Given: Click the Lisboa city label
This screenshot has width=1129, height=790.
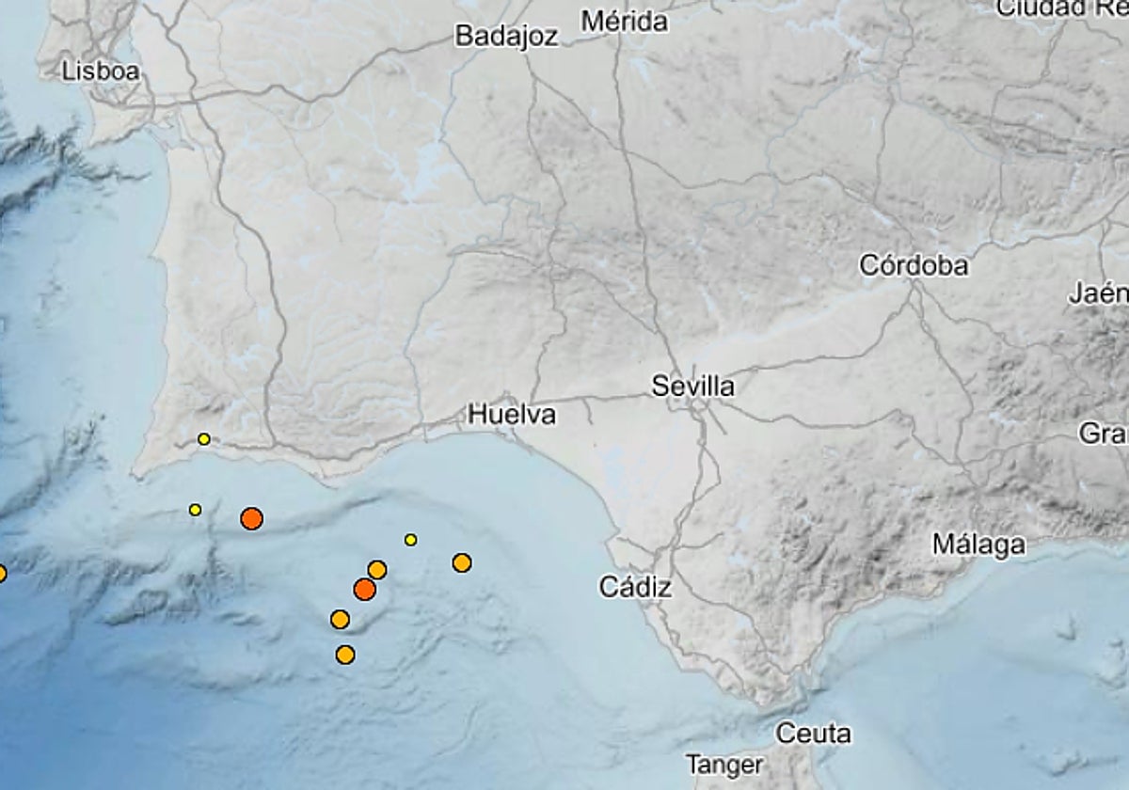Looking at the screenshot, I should tap(101, 71).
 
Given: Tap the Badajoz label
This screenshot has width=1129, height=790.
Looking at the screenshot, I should tap(506, 36).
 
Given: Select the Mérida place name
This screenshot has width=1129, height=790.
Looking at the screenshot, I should tap(625, 21).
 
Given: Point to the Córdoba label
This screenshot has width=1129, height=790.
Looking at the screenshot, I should tap(913, 265).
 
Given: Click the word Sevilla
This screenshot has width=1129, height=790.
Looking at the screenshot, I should tap(693, 386).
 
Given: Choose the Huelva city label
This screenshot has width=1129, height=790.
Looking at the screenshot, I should tap(512, 414).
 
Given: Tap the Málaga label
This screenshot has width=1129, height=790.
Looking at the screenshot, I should tap(978, 544).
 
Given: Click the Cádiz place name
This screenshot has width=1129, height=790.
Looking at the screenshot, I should tap(636, 588).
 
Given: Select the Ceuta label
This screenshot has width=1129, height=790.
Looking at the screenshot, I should tap(813, 733).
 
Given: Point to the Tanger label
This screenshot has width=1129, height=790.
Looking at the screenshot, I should tap(724, 765).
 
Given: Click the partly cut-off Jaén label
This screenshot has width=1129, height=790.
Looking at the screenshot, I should tap(1099, 293).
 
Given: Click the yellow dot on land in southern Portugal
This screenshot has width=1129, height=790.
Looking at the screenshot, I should tap(204, 439).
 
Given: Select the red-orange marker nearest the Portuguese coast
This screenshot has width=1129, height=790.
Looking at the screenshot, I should tap(251, 518).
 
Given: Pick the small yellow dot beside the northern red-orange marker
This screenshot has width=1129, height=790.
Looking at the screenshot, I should tap(195, 510).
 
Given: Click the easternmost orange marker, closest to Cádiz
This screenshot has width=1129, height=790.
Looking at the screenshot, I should tap(461, 562).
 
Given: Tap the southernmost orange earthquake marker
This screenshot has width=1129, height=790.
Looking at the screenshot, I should tap(345, 655).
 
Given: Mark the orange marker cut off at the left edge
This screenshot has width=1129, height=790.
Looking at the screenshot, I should tap(2, 573).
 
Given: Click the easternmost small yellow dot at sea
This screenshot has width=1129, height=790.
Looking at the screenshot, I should tap(410, 540).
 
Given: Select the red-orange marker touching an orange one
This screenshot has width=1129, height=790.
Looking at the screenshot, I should tap(364, 590).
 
